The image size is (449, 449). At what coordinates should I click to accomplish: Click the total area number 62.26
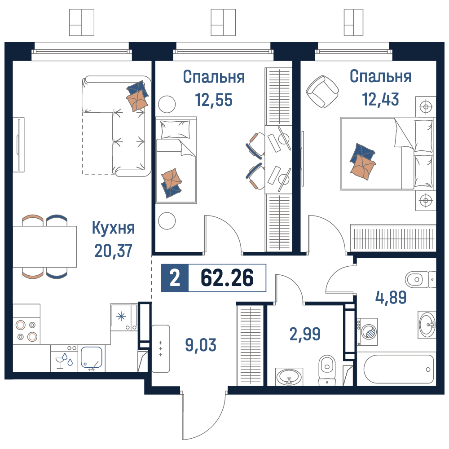coord(227,278)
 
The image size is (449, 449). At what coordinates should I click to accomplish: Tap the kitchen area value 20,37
coord(114,251)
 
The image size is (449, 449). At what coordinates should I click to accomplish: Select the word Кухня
coord(114,228)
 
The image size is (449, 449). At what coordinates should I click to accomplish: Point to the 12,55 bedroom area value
coord(214,100)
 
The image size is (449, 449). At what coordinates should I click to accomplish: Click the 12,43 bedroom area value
coord(381,99)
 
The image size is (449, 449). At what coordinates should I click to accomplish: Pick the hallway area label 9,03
coord(201,345)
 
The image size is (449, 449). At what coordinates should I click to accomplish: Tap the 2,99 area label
coord(305,334)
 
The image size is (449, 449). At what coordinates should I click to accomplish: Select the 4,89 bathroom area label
coord(391,297)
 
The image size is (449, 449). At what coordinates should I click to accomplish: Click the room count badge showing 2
coord(175,278)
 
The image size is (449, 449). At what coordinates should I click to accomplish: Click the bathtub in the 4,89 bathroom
coord(399,369)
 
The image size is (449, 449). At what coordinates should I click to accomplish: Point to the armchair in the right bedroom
coord(322,91)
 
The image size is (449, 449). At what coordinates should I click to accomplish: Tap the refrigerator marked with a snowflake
coord(124,317)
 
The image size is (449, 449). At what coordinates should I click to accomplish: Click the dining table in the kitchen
coord(45,247)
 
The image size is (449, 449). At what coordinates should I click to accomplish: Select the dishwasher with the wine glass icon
coord(64,358)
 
